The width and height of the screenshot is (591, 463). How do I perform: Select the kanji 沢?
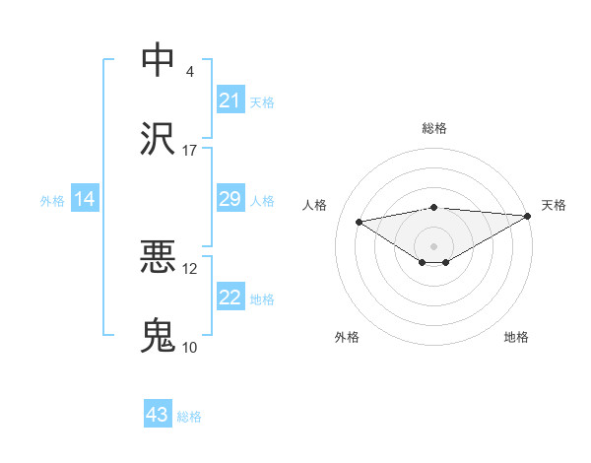tap(158, 139)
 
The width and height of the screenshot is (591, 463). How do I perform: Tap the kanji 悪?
tap(158, 258)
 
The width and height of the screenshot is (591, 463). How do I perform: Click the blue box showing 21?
tap(230, 100)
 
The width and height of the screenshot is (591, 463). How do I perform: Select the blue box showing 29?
tap(230, 200)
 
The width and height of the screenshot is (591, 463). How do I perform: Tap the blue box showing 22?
tap(230, 298)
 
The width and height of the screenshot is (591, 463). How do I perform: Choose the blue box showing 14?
tap(85, 200)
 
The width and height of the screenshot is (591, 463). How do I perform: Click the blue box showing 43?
tap(158, 415)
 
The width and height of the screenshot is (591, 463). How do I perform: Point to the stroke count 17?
tap(190, 151)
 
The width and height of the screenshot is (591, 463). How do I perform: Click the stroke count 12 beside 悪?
tap(190, 269)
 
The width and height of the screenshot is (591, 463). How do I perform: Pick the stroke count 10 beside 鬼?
tap(190, 348)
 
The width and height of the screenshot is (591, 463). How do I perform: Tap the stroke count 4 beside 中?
tap(189, 72)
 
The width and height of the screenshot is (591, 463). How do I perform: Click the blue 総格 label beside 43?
tap(189, 417)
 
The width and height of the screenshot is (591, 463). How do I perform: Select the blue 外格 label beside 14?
tap(52, 201)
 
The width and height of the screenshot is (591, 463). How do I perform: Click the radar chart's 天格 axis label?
tap(554, 205)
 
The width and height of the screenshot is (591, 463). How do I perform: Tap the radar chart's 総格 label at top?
tap(433, 128)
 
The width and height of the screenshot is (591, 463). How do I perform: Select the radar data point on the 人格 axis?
tap(360, 221)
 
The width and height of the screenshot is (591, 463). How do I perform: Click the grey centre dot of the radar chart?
tap(433, 245)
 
